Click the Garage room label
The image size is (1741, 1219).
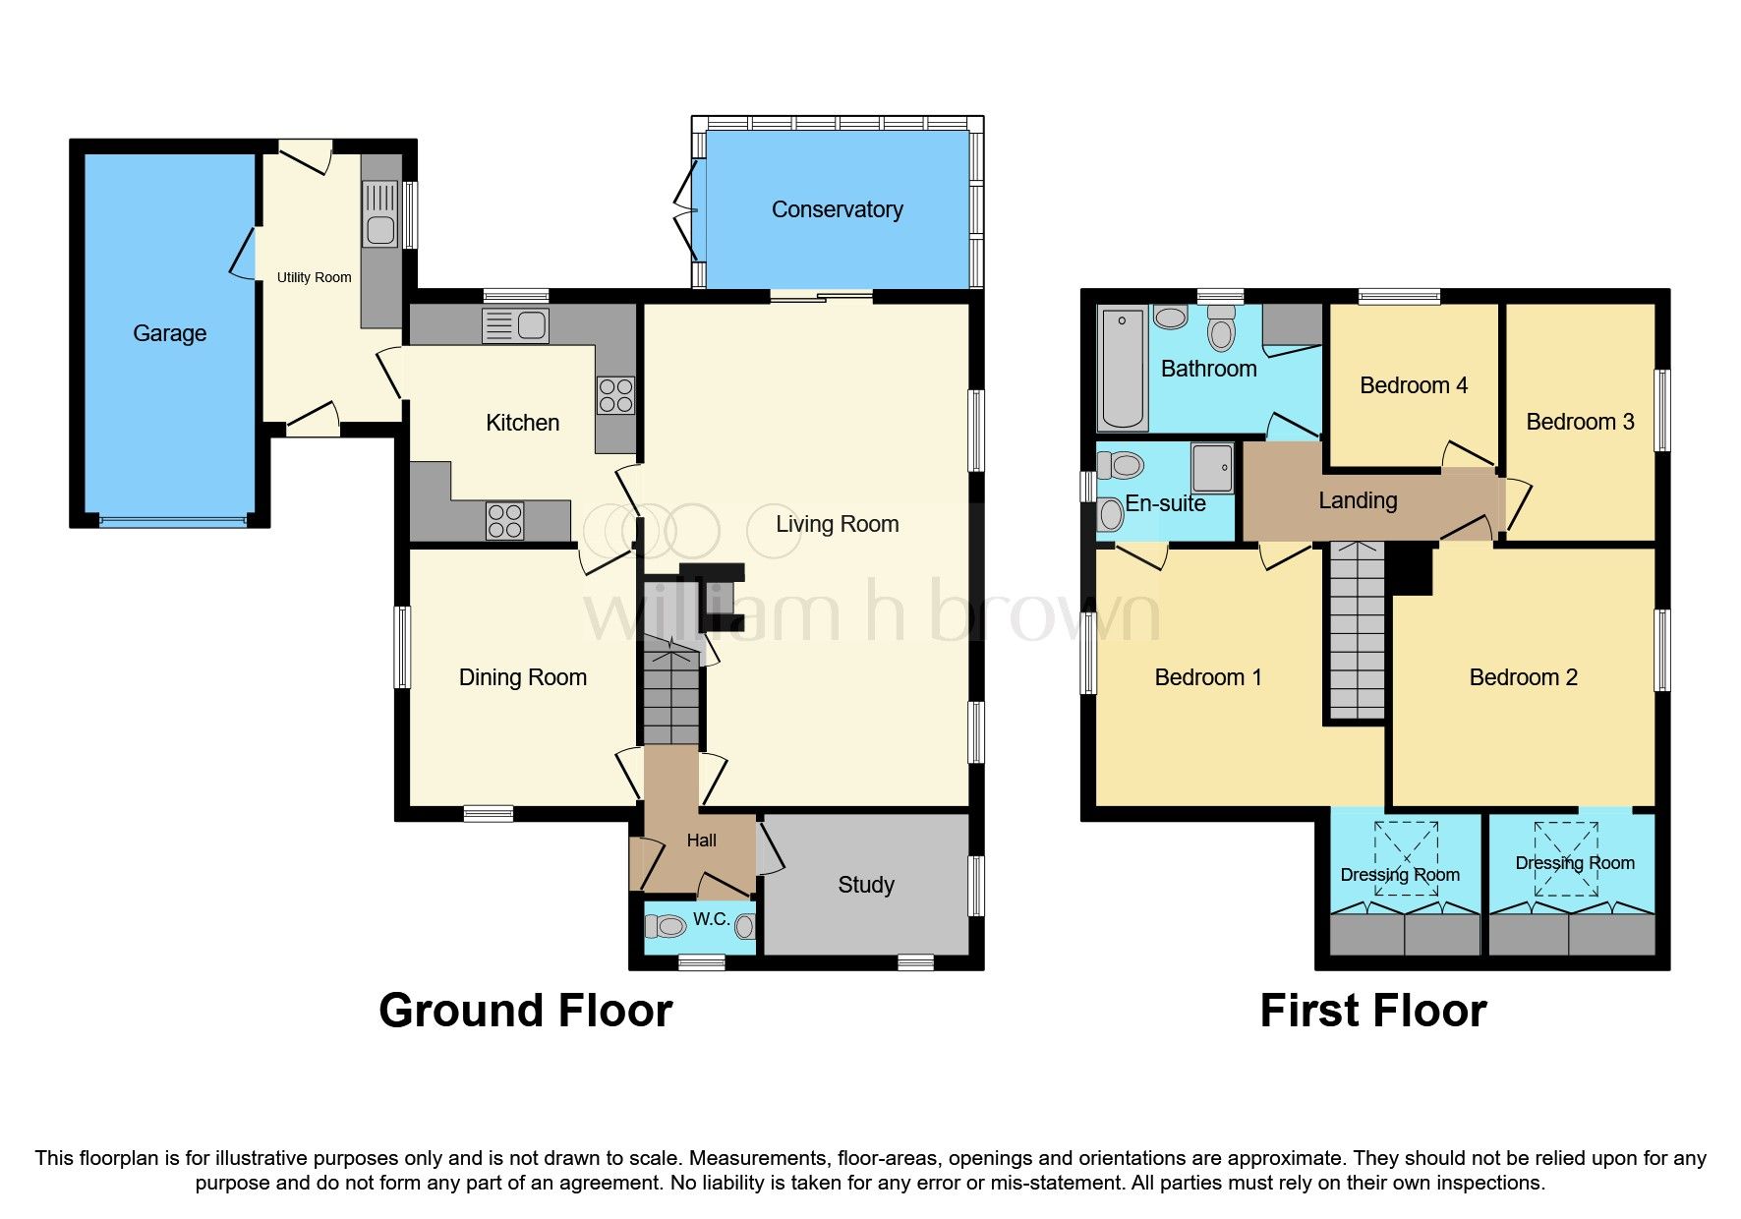coord(169,333)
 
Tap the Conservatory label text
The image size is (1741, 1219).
coord(837,209)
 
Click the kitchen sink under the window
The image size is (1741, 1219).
coord(515,325)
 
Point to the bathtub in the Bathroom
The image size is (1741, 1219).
coord(1123,369)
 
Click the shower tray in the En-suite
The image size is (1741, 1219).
coord(1212,467)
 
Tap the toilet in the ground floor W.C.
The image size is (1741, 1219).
coord(666,925)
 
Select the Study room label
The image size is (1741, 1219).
coord(865,885)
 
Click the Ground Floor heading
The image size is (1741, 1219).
coord(525,1011)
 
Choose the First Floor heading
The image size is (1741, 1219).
coord(1372,1011)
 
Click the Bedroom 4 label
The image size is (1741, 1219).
coord(1413,385)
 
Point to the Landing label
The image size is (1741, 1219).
coord(1357,500)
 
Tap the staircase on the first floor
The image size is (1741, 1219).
coord(1357,629)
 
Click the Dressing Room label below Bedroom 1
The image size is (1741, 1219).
coord(1399,875)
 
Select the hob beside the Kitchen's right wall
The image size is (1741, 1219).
coord(615,395)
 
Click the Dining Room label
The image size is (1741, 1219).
coord(522,677)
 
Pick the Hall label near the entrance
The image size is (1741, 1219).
coord(701,841)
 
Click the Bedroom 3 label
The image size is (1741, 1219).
coord(1579,422)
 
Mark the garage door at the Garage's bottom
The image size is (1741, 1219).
coord(172,521)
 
